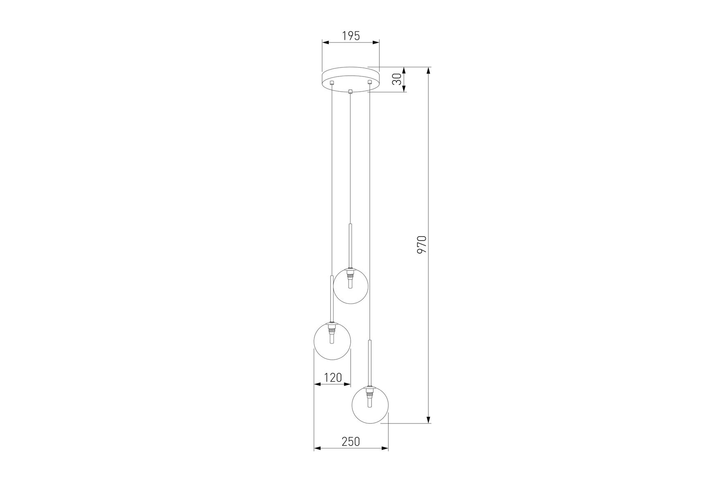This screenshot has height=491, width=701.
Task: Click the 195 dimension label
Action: (x=351, y=36)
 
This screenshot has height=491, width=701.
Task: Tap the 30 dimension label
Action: (x=396, y=79)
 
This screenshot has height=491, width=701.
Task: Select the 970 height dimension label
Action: (x=421, y=244)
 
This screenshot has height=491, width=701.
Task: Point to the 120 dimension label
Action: (x=333, y=377)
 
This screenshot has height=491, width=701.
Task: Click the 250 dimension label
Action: (x=351, y=441)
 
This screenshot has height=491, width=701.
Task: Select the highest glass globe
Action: (x=351, y=286)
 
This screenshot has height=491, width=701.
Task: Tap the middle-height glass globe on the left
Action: (x=332, y=341)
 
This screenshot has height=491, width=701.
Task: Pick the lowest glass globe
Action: (x=370, y=405)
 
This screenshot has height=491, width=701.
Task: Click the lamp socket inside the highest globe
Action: (x=350, y=278)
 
